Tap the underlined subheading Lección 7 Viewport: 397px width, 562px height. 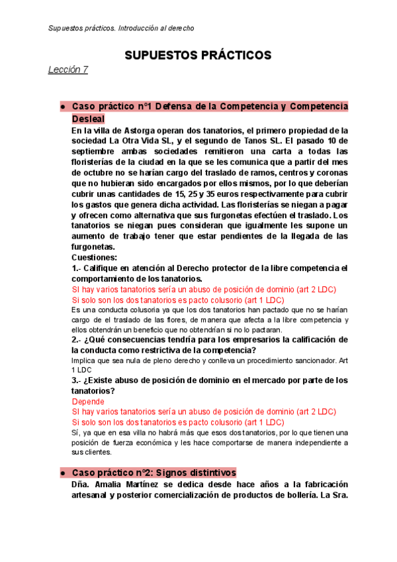click(x=67, y=70)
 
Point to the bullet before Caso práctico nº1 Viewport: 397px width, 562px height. click(x=62, y=107)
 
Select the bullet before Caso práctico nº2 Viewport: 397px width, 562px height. click(x=62, y=473)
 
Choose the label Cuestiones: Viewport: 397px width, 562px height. click(x=94, y=258)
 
